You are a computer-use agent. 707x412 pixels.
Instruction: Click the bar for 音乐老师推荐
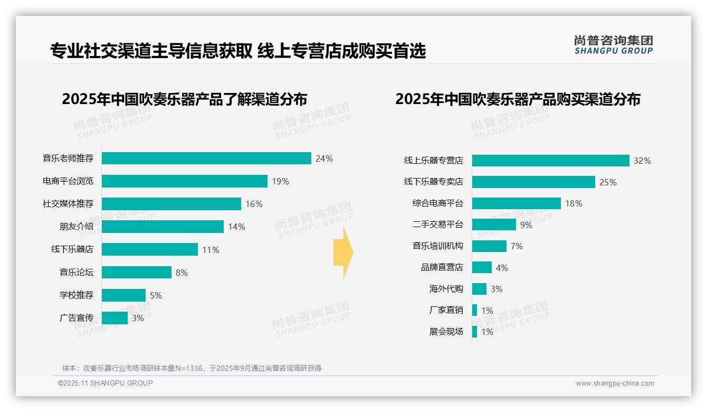[x=206, y=158]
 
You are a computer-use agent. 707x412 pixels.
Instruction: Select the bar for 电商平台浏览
[x=184, y=181]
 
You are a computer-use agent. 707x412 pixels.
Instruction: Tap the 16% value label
[x=254, y=204]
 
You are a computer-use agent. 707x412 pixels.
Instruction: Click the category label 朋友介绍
[x=76, y=227]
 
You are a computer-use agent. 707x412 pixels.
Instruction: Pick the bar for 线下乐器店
[x=149, y=249]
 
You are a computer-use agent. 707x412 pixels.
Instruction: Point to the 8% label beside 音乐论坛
[x=181, y=273]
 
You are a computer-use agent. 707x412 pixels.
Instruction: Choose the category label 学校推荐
[x=76, y=295]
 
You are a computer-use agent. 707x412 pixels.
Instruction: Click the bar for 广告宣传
[x=114, y=318]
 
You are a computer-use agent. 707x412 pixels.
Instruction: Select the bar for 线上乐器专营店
[x=550, y=161]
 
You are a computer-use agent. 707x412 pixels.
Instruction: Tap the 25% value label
[x=608, y=182]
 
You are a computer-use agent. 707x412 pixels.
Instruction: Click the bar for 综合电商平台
[x=516, y=203]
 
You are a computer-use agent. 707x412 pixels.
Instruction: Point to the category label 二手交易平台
[x=437, y=224]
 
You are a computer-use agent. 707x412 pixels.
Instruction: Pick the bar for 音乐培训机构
[x=489, y=246]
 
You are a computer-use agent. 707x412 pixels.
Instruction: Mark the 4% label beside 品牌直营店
[x=502, y=268]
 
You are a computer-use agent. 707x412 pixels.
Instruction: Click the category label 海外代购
[x=446, y=289]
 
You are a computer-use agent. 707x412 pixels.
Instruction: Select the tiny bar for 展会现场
[x=474, y=332]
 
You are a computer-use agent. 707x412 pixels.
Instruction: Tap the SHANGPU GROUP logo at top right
[x=613, y=44]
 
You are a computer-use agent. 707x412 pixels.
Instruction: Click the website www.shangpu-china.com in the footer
[x=615, y=383]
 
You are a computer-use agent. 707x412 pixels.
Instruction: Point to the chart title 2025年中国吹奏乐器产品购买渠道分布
[x=518, y=99]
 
